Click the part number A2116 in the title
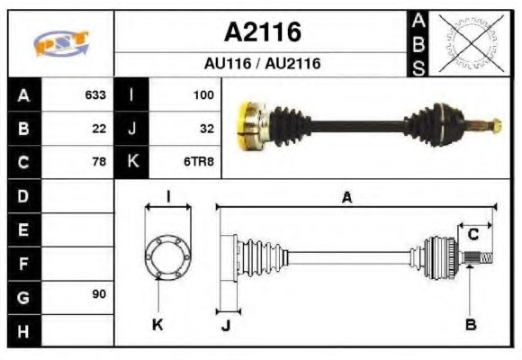(262, 33)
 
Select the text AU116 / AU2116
(262, 64)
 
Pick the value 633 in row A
(95, 94)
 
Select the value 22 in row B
(99, 128)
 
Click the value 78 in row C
(99, 162)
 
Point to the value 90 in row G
(99, 294)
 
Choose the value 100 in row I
(203, 94)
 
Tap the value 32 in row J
(206, 128)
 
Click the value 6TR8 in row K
(200, 162)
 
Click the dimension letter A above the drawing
(346, 198)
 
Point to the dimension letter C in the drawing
(472, 236)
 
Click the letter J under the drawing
(226, 326)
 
